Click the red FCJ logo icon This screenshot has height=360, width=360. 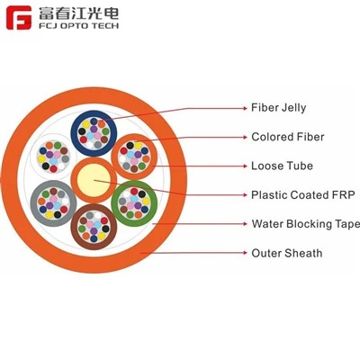(x=19, y=18)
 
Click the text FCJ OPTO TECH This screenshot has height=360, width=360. (x=78, y=25)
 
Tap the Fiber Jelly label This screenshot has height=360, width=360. (x=279, y=108)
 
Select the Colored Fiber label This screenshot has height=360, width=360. (x=288, y=137)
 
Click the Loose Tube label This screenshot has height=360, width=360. (x=282, y=166)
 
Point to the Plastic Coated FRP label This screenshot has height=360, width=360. (x=303, y=195)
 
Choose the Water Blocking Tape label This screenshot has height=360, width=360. (x=305, y=224)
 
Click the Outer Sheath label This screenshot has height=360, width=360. (x=287, y=253)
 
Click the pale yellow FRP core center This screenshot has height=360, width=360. (x=94, y=180)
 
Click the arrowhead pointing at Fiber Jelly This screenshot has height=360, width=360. (x=245, y=108)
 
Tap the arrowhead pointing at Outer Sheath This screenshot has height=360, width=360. (x=245, y=253)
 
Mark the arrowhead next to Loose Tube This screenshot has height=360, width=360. (x=245, y=166)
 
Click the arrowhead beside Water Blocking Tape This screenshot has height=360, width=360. (x=245, y=224)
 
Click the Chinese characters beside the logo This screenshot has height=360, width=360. (x=78, y=13)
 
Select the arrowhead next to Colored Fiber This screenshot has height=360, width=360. (x=245, y=137)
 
